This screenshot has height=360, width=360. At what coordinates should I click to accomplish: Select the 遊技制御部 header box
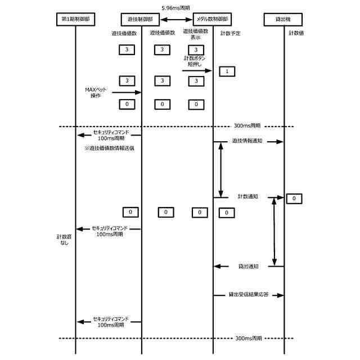coord(141,19)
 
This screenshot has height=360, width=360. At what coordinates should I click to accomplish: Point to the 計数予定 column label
coord(231,33)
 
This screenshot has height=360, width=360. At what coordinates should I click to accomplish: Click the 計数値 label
coord(296,33)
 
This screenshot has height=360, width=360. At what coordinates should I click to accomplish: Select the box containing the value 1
coord(226,71)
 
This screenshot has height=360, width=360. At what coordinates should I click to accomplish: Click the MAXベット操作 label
coord(95,92)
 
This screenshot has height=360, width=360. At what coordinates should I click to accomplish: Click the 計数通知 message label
coord(247,197)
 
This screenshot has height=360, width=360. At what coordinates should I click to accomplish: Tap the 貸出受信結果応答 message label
coord(247,294)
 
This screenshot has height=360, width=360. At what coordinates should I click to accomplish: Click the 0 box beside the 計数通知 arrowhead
coord(294,199)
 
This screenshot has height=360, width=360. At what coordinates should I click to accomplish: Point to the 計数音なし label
coord(64,238)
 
